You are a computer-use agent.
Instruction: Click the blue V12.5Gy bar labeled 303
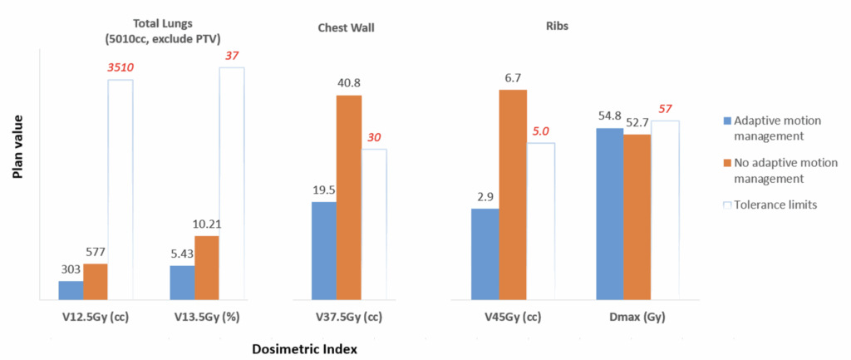(71, 290)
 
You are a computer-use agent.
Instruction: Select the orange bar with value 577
(96, 282)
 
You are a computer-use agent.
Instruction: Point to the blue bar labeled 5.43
(182, 283)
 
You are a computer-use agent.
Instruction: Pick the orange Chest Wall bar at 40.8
(349, 198)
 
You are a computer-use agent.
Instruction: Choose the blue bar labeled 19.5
(324, 250)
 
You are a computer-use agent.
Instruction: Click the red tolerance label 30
(375, 138)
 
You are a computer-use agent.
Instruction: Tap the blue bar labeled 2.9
(485, 254)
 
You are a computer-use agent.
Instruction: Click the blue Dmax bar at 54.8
(610, 214)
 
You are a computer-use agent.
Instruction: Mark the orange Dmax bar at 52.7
(637, 217)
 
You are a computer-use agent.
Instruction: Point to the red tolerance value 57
(665, 109)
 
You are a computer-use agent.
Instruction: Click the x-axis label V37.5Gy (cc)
(349, 316)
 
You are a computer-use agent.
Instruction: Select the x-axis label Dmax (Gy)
(637, 316)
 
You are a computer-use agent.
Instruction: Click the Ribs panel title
(569, 26)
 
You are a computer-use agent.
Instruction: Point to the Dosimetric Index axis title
(304, 350)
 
